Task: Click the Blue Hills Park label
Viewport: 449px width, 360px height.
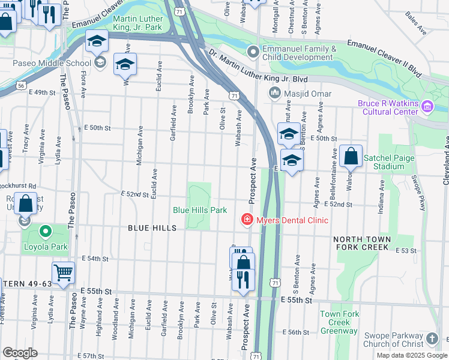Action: pyautogui.click(x=200, y=210)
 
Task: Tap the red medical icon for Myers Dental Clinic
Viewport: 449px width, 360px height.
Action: pyautogui.click(x=246, y=220)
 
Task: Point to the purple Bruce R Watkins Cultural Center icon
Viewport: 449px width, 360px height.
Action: pyautogui.click(x=427, y=107)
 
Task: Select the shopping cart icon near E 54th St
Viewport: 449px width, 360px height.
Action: pyautogui.click(x=63, y=273)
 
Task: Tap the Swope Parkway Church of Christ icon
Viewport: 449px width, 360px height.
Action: pyautogui.click(x=432, y=340)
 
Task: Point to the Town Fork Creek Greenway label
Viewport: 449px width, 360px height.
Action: pyautogui.click(x=339, y=322)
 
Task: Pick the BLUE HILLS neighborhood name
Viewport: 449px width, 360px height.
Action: pyautogui.click(x=152, y=228)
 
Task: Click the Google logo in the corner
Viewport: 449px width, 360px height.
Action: pyautogui.click(x=20, y=353)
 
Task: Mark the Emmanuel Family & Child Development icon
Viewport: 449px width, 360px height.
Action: pyautogui.click(x=253, y=53)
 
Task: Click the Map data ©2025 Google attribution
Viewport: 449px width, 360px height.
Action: pyautogui.click(x=412, y=355)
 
